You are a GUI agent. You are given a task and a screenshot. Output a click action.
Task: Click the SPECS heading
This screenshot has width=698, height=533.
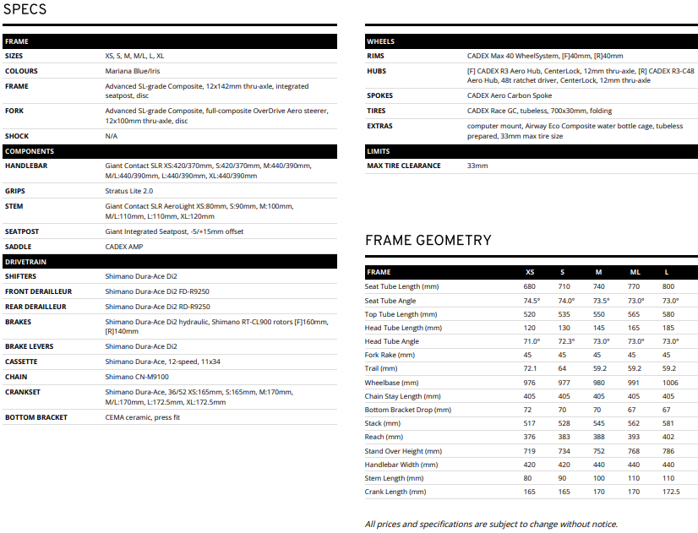25,10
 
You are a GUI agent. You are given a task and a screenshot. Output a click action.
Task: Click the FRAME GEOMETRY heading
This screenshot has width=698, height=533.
428,241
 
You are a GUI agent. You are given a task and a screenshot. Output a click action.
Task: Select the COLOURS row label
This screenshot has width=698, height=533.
21,71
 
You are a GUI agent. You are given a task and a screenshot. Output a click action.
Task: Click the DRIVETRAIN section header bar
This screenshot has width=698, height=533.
169,262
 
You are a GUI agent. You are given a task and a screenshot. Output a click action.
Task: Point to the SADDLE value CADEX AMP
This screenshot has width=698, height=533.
123,247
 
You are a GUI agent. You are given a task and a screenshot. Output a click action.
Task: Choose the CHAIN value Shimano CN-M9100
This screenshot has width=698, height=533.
138,377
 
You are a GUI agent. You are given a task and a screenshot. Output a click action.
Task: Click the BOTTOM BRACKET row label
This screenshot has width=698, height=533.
35,417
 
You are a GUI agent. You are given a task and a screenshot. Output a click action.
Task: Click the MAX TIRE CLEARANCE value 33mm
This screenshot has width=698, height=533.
477,166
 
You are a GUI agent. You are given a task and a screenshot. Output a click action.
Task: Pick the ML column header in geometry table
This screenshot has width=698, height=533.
635,273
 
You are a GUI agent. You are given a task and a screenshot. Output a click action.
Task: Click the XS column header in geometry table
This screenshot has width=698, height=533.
530,273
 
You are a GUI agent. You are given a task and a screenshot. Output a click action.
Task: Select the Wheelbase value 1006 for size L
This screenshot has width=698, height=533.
669,383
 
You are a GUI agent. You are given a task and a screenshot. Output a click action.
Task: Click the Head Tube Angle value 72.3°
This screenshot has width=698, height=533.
566,341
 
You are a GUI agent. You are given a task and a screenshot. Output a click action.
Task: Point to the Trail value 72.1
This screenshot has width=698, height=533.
531,369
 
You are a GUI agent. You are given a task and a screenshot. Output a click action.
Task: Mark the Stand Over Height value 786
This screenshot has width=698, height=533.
668,451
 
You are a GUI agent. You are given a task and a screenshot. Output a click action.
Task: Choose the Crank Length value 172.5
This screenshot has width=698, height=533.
670,492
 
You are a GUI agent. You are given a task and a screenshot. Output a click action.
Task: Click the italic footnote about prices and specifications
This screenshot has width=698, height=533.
491,525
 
